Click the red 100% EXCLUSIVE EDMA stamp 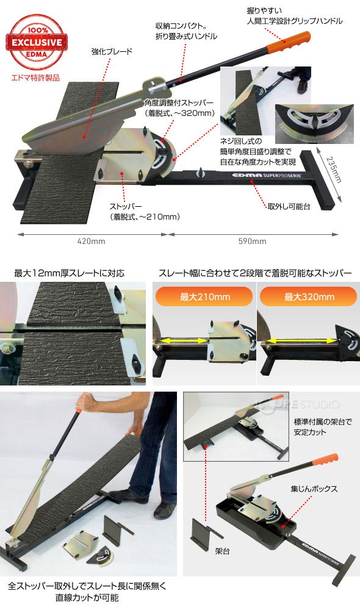click(37, 41)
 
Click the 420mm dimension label click(91, 241)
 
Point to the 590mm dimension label click(252, 241)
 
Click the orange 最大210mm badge click(204, 297)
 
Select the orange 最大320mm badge click(309, 297)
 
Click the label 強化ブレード click(112, 51)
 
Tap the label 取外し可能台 click(289, 207)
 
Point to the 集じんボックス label click(314, 489)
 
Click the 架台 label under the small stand click(222, 551)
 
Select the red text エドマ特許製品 click(35, 78)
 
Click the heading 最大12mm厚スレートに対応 click(70, 273)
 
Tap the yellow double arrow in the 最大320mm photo click(299, 341)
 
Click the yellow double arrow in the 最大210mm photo click(182, 341)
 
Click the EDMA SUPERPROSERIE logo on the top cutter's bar click(267, 175)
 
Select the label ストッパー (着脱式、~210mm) click(145, 211)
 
